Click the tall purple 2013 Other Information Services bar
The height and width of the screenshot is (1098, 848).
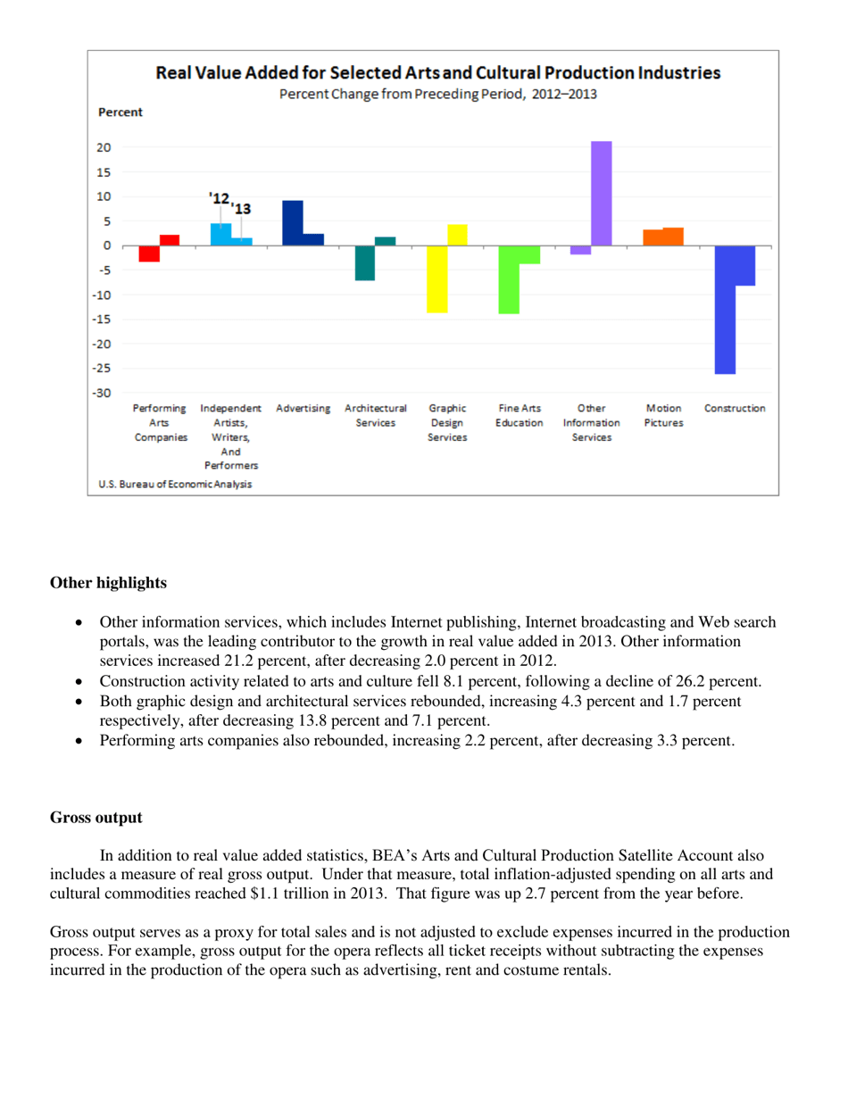(601, 193)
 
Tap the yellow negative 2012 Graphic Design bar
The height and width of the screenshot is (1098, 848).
(436, 279)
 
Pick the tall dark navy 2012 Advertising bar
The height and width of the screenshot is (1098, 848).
(292, 222)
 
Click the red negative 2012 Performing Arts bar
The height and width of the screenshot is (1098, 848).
(149, 254)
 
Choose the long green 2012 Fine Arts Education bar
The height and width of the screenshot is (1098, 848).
(509, 279)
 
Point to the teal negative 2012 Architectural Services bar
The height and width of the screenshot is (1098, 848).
(364, 262)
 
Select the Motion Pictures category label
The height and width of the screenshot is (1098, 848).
(661, 414)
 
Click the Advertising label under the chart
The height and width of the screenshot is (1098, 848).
(303, 408)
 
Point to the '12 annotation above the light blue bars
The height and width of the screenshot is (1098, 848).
(217, 196)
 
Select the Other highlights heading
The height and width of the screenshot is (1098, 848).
(107, 584)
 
